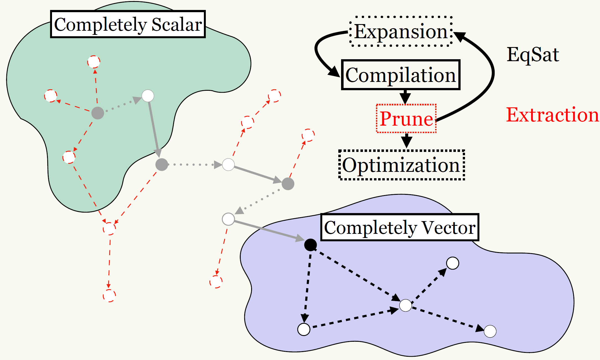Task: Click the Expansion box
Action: [x=401, y=31]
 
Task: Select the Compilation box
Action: [x=401, y=75]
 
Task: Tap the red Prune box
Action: [x=406, y=119]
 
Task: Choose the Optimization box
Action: [x=402, y=165]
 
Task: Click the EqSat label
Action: [x=533, y=55]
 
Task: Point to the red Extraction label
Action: [x=552, y=115]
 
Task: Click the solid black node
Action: [x=310, y=245]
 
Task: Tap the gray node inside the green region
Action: [x=98, y=113]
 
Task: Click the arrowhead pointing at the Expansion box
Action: [x=459, y=36]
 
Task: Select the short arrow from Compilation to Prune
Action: [x=405, y=96]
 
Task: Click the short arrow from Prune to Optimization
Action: [x=406, y=141]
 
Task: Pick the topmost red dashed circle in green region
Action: [x=94, y=62]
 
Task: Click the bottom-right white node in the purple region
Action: [x=490, y=331]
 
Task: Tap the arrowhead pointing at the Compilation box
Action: [x=334, y=72]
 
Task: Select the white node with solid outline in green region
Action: [x=148, y=96]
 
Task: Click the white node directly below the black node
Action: [x=304, y=329]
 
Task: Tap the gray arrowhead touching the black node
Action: [x=300, y=238]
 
